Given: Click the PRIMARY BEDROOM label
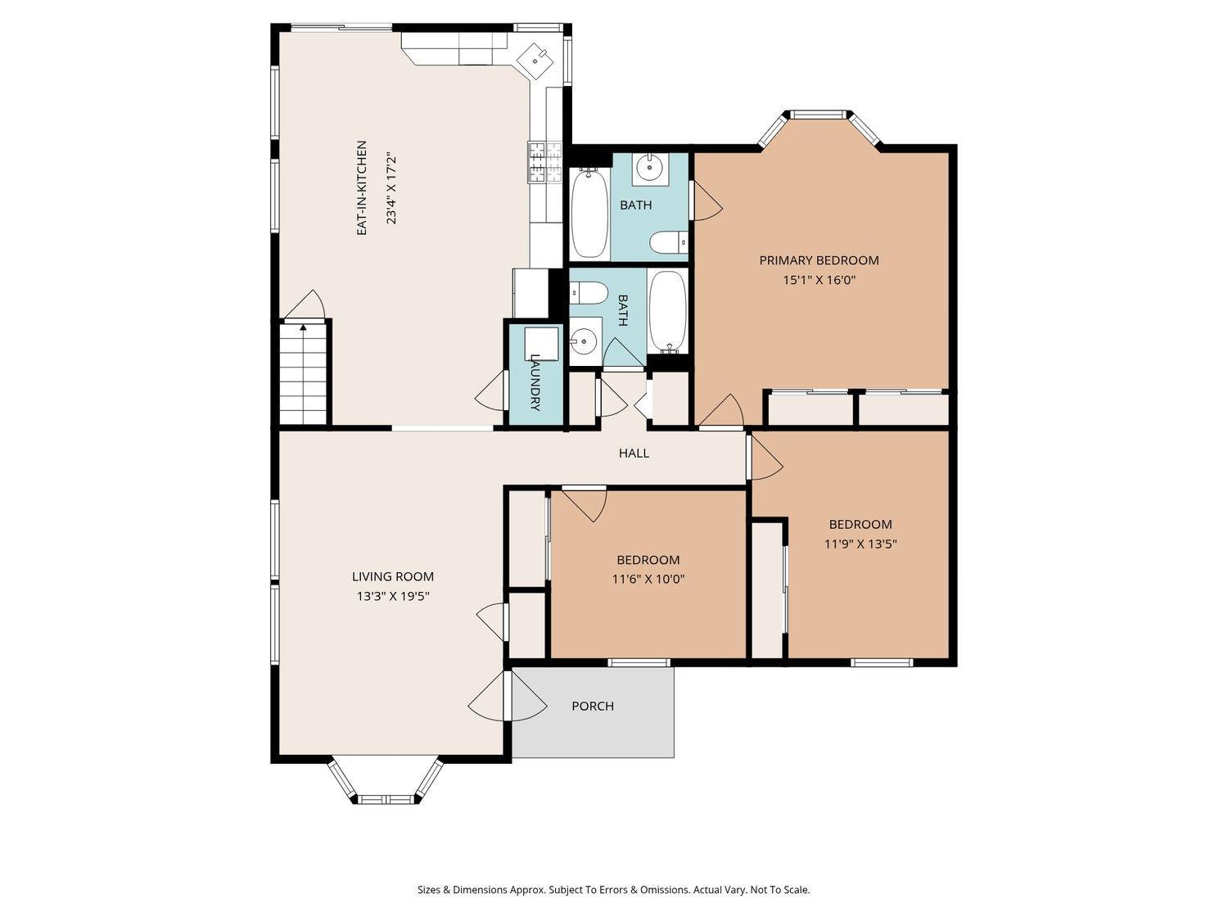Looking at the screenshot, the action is (x=819, y=260).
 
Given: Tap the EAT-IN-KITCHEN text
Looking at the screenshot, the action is (x=362, y=188).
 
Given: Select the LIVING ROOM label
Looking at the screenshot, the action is (x=393, y=576).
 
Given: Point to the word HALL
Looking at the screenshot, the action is (x=634, y=453).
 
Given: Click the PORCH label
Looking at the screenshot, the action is (x=593, y=707).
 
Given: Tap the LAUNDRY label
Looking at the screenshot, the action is (x=535, y=382).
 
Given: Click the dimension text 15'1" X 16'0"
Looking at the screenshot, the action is (x=819, y=280).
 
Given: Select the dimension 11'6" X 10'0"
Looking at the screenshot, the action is (x=648, y=579).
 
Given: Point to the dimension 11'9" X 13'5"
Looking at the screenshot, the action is (x=860, y=544).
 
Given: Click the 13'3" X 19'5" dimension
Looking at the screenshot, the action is (x=393, y=596).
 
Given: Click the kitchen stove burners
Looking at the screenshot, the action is (x=544, y=162).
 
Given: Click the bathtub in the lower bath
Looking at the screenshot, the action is (x=667, y=311).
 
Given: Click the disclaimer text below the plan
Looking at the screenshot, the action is (x=614, y=890).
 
